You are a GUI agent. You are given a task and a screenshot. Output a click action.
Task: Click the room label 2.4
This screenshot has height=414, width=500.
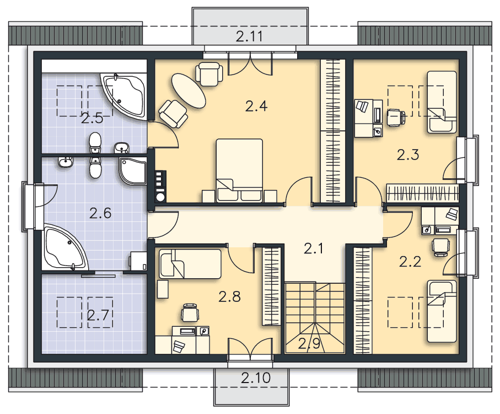pos(256,106)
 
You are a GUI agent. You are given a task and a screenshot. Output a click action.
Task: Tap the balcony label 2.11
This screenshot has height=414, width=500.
pos(249,36)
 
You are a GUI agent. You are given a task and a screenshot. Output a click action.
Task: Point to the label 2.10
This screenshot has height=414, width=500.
pos(256,378)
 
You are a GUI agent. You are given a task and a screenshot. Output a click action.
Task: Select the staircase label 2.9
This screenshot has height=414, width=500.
pos(309,344)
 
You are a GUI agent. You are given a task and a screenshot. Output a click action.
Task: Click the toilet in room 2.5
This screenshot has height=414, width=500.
pos(95,143)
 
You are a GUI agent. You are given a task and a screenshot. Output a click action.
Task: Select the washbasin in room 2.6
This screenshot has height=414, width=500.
pos(66,162)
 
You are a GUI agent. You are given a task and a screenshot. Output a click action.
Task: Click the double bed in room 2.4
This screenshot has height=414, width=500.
pos(239,170)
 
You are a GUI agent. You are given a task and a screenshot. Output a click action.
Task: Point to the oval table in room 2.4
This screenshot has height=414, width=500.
pos(189,91)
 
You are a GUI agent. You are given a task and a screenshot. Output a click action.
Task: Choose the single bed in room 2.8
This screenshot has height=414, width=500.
pos(190,264)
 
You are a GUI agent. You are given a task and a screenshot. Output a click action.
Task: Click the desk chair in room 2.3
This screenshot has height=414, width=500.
pos(396,117)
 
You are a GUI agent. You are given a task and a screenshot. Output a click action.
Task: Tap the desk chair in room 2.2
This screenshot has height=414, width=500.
pos(440,248)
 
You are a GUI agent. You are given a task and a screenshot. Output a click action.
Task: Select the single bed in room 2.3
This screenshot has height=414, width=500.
pos(442,102)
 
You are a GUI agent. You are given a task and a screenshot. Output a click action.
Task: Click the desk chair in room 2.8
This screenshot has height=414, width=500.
pos(190,312)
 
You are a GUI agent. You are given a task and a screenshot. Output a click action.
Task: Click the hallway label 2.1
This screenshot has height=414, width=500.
pos(314,248)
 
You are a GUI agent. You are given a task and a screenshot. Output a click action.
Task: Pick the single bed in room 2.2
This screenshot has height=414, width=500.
pos(442,311)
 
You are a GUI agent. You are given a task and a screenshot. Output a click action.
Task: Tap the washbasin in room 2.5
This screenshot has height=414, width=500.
pos(121,148)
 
